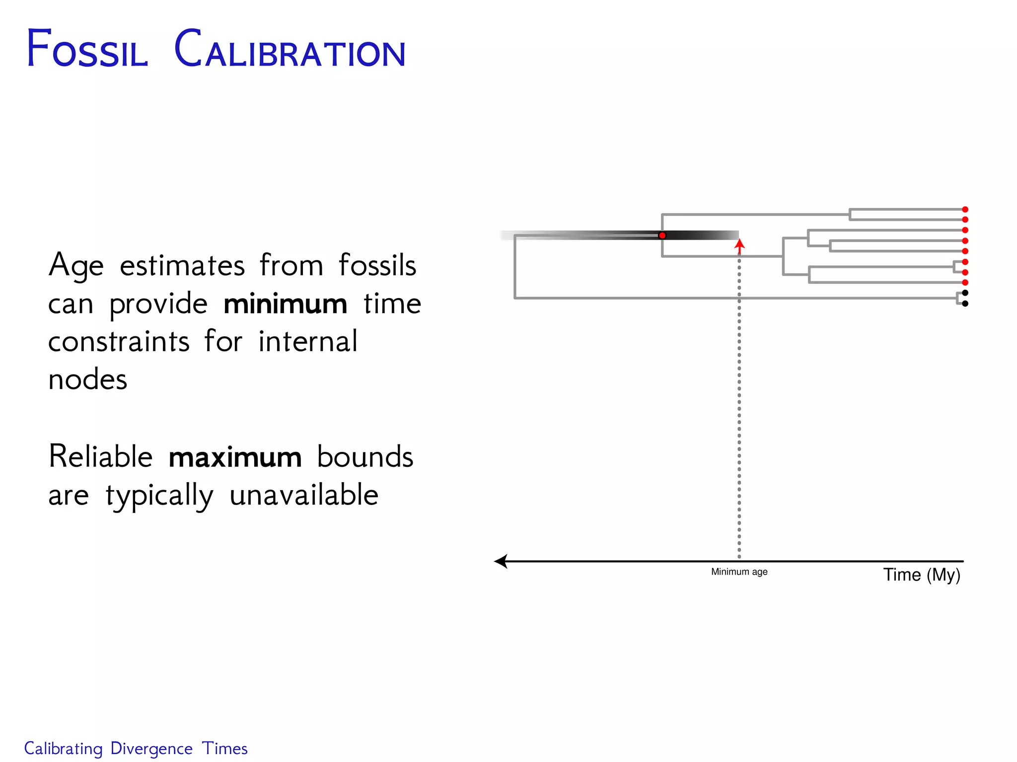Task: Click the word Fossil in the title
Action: pyautogui.click(x=87, y=50)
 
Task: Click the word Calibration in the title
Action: pyautogui.click(x=290, y=50)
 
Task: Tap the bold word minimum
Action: pyautogui.click(x=285, y=304)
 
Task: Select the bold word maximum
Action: pyautogui.click(x=235, y=457)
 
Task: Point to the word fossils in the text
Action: pyautogui.click(x=377, y=265)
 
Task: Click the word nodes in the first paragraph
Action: pyautogui.click(x=87, y=380)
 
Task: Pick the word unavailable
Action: pyautogui.click(x=304, y=495)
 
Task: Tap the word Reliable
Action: pyautogui.click(x=100, y=457)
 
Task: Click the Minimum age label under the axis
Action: pyautogui.click(x=739, y=572)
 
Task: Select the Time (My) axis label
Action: pyautogui.click(x=921, y=575)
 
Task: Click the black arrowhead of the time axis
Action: pyautogui.click(x=501, y=562)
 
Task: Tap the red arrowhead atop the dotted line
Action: pyautogui.click(x=739, y=244)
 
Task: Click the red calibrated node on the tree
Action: pyautogui.click(x=662, y=235)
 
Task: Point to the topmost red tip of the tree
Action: pyautogui.click(x=965, y=209)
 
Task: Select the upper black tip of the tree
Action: pyautogui.click(x=965, y=293)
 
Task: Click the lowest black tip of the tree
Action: pyautogui.click(x=965, y=304)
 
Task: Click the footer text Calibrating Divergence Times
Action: pyautogui.click(x=136, y=749)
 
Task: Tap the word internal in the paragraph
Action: pyautogui.click(x=307, y=342)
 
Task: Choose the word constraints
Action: pyautogui.click(x=119, y=342)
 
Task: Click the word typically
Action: pyautogui.click(x=159, y=496)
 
